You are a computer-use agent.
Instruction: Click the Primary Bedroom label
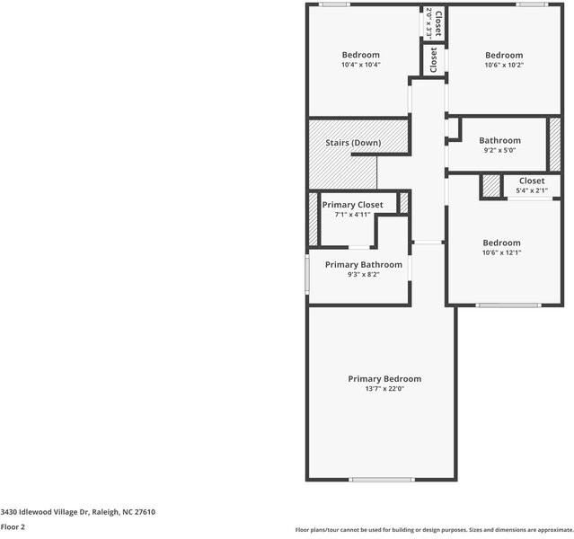pos(384,378)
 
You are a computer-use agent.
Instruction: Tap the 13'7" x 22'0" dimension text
pos(384,389)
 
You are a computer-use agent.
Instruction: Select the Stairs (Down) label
pos(353,143)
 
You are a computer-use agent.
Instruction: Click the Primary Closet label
pos(352,205)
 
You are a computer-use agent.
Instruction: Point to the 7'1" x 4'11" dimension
pos(352,215)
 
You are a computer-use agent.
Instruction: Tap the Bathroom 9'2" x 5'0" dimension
pos(499,151)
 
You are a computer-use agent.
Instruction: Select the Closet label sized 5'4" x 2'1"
pos(531,181)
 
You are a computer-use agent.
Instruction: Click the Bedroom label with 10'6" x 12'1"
pos(501,243)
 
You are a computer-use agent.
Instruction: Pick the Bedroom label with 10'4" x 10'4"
pos(360,55)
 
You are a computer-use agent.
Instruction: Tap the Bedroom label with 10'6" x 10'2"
pos(503,55)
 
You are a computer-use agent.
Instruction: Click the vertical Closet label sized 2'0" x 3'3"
pos(438,22)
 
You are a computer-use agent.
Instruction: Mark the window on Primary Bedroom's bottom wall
pos(381,480)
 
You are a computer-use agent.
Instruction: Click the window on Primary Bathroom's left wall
pos(307,275)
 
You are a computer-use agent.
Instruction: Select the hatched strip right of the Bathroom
pos(555,143)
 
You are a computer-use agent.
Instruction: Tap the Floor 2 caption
pos(13,527)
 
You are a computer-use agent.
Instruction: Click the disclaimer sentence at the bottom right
pos(434,530)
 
